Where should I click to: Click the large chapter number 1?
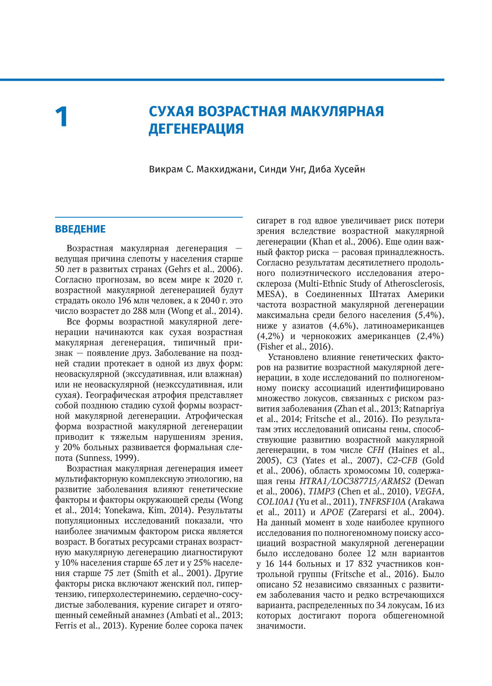(x=61, y=118)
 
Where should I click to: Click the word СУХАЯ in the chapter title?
(x=170, y=111)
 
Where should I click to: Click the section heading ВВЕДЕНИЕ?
(x=80, y=229)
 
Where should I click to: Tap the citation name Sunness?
(x=94, y=458)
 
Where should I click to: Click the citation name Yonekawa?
(x=125, y=510)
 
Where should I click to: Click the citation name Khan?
(x=322, y=242)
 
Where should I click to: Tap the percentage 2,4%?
(x=430, y=336)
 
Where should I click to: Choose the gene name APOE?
(x=332, y=512)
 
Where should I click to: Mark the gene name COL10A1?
(x=275, y=502)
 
